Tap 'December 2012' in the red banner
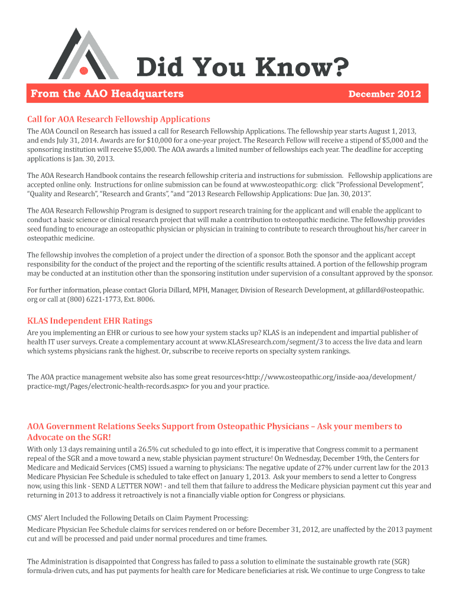385,94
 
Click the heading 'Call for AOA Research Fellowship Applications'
119,119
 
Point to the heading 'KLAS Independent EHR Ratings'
90,321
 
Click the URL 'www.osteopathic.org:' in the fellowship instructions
278,185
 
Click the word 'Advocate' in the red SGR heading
47,437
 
